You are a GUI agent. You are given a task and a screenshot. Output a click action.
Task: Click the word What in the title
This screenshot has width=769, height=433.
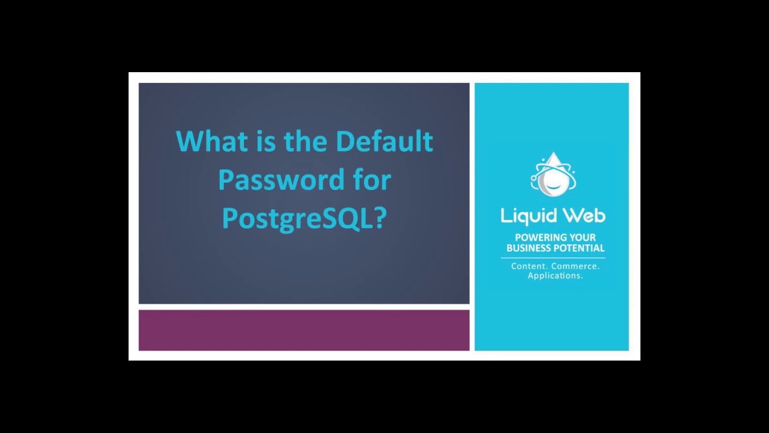204,141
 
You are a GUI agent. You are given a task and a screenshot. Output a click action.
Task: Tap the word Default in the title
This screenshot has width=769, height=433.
384,141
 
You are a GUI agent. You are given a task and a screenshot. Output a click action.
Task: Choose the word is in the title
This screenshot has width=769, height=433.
257,141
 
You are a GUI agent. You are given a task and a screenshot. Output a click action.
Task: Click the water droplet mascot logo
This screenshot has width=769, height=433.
552,175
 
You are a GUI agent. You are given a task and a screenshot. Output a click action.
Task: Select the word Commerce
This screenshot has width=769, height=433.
575,266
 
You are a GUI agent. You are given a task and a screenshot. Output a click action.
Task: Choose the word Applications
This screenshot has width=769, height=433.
555,276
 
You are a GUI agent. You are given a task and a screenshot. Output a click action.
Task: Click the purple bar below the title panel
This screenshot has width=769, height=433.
304,330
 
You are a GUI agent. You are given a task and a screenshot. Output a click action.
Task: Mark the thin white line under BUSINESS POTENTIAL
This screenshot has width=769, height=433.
553,257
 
